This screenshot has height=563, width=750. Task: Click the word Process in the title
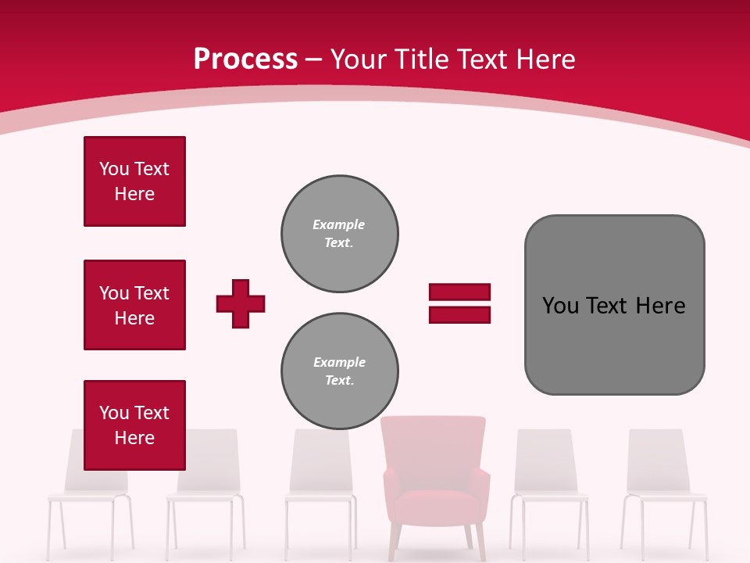245,59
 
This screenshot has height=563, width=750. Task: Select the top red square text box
134,181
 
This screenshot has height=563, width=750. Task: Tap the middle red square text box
134,305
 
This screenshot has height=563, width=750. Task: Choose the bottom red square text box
134,425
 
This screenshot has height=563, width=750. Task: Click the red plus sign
241,303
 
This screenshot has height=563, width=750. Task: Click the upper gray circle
339,234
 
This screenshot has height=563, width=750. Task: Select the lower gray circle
339,371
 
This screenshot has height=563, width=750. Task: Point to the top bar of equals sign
459,292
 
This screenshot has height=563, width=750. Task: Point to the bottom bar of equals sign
459,314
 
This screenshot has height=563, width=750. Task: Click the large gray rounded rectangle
614,304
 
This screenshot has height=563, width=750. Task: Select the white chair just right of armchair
549,485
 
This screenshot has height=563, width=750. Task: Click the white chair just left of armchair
320,485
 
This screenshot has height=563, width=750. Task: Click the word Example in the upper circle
339,224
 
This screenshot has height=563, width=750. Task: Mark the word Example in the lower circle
339,362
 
